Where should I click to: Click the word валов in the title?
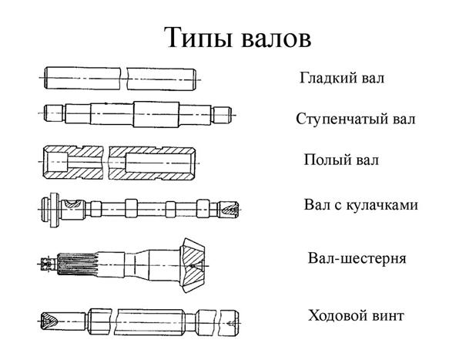click(276, 39)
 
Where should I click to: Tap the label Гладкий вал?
click(342, 78)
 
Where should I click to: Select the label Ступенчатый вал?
click(356, 119)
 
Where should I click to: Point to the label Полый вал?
click(341, 160)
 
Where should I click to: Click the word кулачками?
click(382, 205)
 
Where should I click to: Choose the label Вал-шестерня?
click(357, 258)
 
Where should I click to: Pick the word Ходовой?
click(337, 315)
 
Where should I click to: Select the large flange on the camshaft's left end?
click(54, 210)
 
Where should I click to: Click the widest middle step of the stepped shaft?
click(156, 114)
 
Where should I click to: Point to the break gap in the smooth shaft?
click(124, 79)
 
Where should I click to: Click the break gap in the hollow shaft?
click(106, 163)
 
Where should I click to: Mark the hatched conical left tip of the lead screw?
click(49, 321)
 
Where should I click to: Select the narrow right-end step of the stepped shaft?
click(222, 115)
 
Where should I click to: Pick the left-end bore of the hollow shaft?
click(56, 162)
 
